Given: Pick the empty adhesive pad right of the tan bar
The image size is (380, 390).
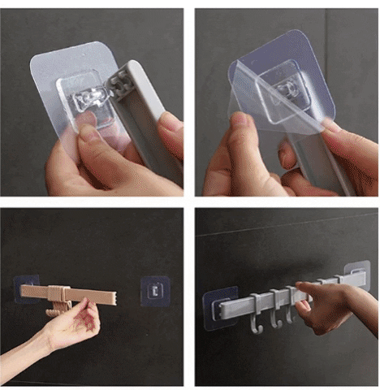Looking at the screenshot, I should coord(154,290).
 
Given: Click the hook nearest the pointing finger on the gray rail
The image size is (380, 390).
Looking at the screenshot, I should coord(293,310).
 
